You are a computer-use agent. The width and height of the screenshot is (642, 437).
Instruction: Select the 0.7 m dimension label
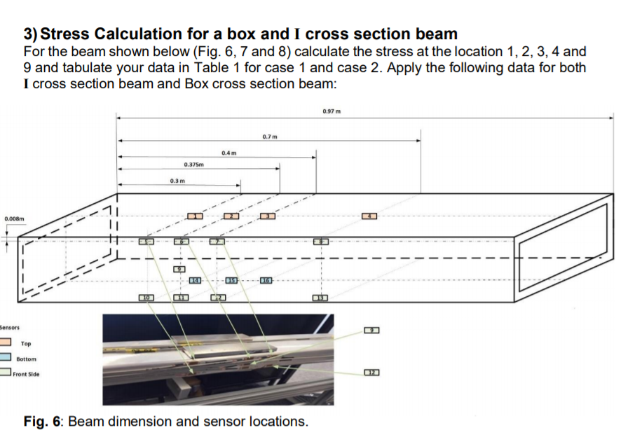(270, 135)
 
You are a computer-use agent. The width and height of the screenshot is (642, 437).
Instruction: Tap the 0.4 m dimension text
(228, 152)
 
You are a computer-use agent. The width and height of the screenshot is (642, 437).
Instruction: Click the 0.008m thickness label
(14, 219)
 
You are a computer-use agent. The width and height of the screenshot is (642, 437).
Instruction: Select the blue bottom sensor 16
(266, 281)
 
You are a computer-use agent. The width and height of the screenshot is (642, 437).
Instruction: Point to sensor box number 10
(147, 299)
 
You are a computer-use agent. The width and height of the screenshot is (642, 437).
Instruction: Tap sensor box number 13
(322, 299)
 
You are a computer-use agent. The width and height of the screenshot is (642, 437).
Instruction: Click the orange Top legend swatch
(6, 343)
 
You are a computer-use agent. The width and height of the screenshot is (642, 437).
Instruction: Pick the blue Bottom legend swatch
(6, 359)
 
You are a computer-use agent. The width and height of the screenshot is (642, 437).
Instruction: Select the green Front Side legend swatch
(6, 374)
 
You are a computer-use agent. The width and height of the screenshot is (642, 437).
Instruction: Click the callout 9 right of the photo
(371, 330)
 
